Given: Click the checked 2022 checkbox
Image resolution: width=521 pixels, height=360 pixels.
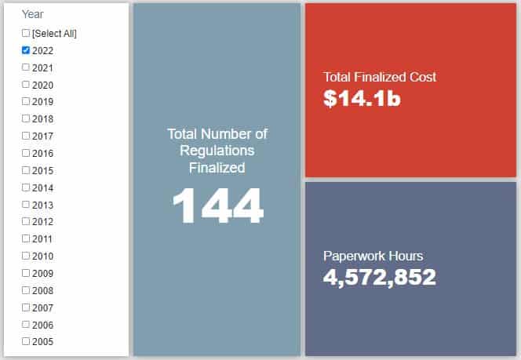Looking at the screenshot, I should click(26, 49).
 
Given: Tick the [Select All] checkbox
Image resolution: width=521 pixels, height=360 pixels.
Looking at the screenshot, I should click(26, 33).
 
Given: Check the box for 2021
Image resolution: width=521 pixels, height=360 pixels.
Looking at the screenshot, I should click(26, 67).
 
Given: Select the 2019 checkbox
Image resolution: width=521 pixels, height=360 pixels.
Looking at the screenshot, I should click(26, 101).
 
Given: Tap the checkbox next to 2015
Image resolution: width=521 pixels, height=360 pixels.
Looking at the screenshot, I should click(26, 169).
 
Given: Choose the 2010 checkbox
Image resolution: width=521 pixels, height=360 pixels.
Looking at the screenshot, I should click(26, 255).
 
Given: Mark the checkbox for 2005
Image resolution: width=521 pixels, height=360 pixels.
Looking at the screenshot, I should click(26, 340).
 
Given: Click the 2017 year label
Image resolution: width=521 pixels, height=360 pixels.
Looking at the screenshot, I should click(42, 136).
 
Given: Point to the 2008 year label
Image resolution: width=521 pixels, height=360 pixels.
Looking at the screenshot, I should click(42, 289).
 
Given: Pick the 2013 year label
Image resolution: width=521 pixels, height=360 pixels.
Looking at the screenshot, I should click(42, 204).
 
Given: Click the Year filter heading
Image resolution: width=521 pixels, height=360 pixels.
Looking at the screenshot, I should click(33, 14).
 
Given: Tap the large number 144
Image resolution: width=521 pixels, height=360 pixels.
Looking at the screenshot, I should click(217, 207).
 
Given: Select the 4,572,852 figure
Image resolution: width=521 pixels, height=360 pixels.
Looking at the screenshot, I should click(380, 277).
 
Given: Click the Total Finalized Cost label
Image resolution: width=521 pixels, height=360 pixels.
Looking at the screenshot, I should click(380, 77).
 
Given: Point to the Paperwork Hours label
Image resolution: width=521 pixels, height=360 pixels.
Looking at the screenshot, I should click(373, 256).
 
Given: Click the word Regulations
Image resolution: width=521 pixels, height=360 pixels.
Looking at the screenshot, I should click(217, 151).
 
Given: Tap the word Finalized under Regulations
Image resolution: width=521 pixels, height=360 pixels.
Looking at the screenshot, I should click(217, 167).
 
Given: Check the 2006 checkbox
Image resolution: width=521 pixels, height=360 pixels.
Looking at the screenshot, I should click(26, 323).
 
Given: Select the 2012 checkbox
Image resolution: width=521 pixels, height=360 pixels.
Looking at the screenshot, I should click(26, 221).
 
